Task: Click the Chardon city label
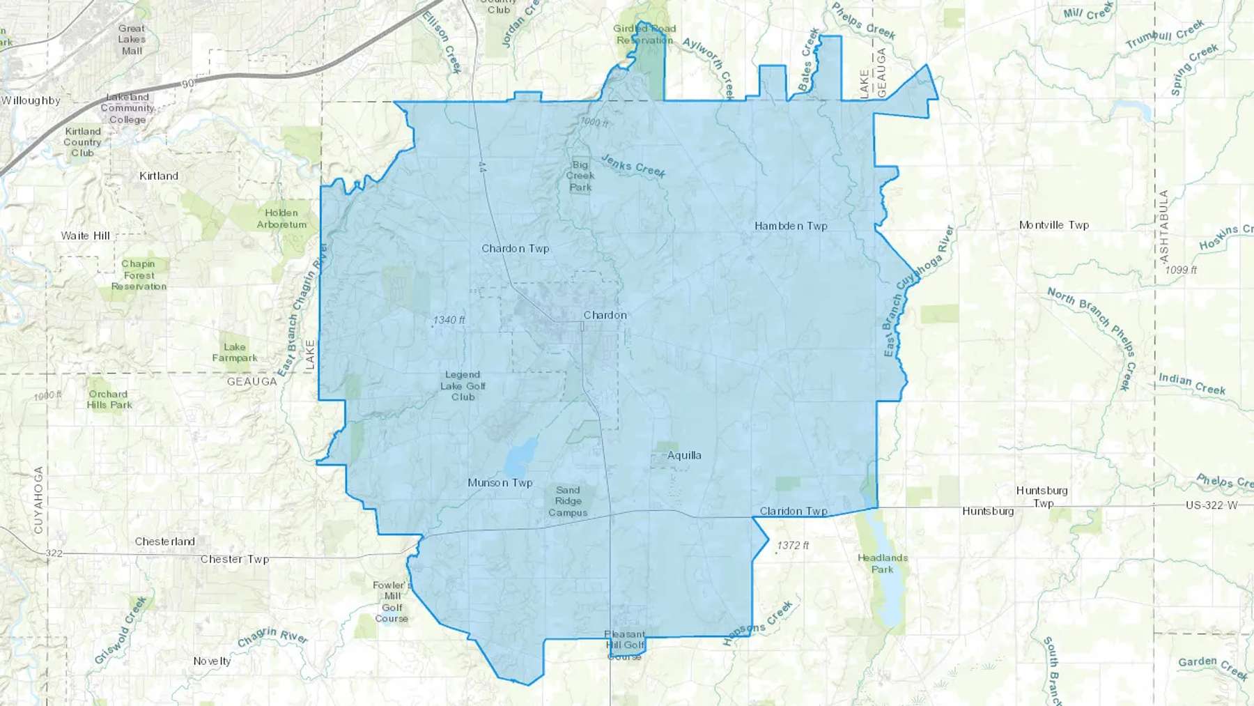coord(605,315)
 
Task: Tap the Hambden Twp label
coord(791,226)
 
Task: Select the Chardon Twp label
coord(516,248)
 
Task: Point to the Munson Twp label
coord(500,482)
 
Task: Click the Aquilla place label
coord(684,455)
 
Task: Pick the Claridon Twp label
coord(794,511)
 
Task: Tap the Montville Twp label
coord(1053,225)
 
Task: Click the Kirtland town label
coord(159,176)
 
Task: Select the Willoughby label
coord(31,100)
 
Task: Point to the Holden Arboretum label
coord(281,219)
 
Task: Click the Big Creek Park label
coord(580,176)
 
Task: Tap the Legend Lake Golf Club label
coord(463,385)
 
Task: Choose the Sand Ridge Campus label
coord(568,501)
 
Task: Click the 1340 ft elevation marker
coord(449,320)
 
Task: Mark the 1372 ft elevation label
coord(793,545)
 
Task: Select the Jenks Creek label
coord(633,166)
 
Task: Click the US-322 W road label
coord(1212,505)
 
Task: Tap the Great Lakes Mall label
coord(132,40)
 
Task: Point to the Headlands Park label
coord(882,563)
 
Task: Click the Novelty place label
coord(212,661)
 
